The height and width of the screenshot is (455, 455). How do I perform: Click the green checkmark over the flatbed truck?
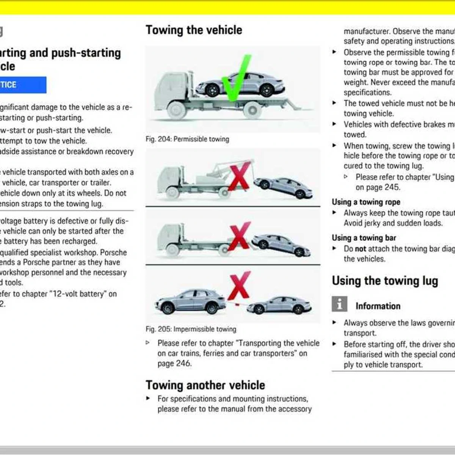point(236,78)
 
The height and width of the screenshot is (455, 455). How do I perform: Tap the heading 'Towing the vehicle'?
point(194,30)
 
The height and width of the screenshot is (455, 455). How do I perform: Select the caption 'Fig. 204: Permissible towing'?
point(187,139)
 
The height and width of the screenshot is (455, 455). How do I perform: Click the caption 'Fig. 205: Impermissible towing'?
point(191,329)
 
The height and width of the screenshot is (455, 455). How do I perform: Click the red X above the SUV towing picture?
point(239,286)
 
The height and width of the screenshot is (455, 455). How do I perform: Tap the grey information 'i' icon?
point(339,304)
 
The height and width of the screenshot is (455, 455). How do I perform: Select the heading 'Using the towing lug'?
point(385,281)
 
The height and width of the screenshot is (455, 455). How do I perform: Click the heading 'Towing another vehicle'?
point(205,385)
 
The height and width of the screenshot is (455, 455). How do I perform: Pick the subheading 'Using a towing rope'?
point(366,202)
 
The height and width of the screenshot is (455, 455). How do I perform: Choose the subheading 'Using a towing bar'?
point(364,238)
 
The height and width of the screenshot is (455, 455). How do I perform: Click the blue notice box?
point(23,85)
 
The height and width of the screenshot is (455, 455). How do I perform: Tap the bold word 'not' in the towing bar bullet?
point(360,249)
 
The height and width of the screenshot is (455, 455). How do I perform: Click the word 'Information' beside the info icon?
point(378,306)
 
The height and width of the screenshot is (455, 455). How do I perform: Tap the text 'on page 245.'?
point(377,187)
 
